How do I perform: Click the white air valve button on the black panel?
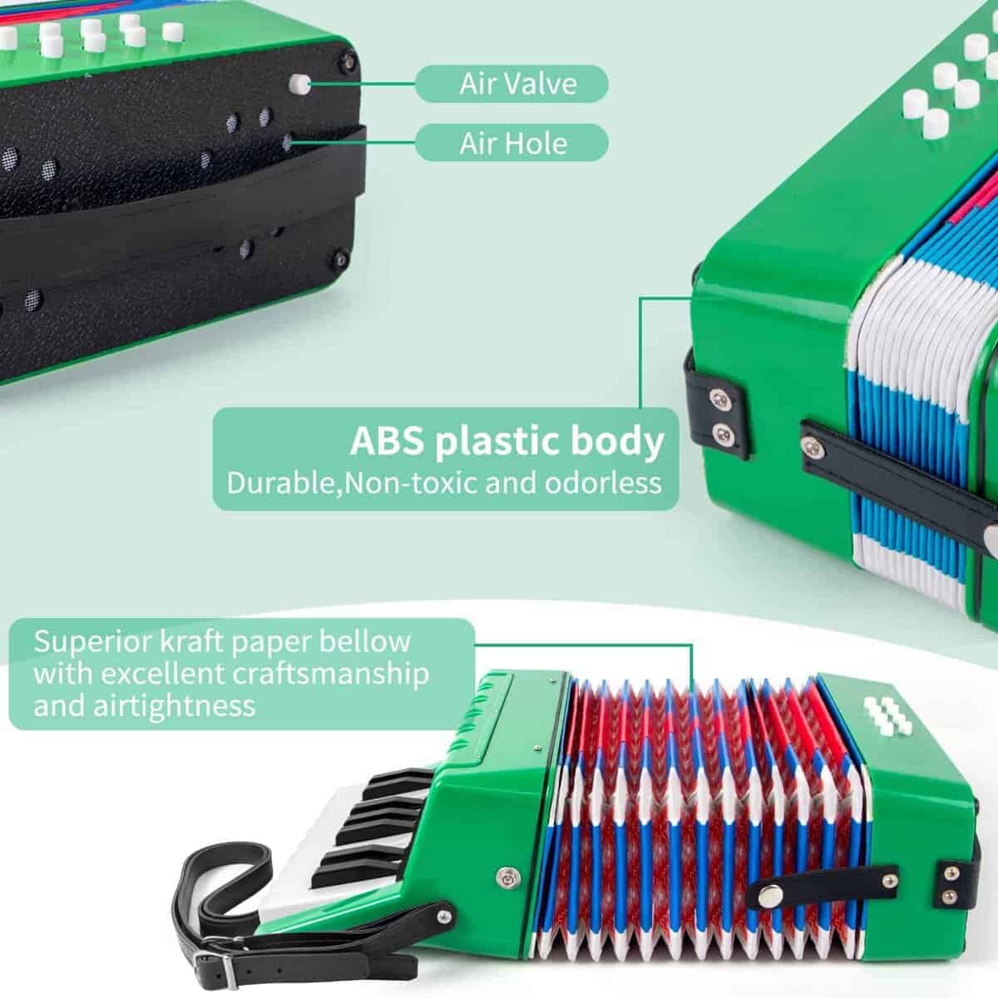[299, 85]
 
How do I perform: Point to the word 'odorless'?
[603, 483]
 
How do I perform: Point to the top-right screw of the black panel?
[348, 62]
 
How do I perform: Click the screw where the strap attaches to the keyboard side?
[444, 917]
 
